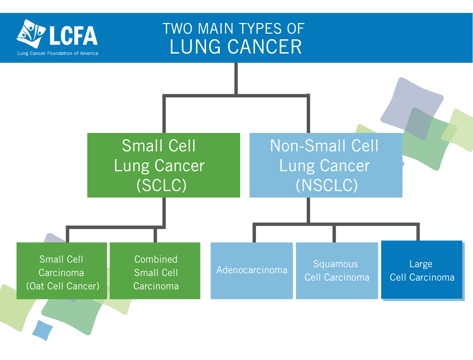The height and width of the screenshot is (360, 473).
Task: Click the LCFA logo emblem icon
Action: pos(31,34)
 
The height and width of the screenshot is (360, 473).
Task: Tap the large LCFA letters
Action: pos(73,36)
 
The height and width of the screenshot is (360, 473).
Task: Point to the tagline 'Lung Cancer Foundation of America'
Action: pos(58,54)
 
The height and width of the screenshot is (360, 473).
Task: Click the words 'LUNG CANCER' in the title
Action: pos(236,47)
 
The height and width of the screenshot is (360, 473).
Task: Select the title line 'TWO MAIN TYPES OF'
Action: pos(233,29)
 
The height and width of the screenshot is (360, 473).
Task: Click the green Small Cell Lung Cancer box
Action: pos(164,165)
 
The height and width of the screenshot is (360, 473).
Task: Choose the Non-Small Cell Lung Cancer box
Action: pos(326,165)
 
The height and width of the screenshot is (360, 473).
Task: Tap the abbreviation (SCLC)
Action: pos(161,185)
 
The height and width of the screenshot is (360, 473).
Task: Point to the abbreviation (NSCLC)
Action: pos(327,185)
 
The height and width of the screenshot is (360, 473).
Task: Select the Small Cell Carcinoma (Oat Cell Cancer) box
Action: pos(61,271)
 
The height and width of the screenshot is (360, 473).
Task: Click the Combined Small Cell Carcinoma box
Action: pos(155,271)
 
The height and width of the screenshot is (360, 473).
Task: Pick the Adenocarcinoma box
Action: pos(252,271)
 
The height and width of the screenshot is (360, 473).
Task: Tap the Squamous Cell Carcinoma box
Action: pos(337,271)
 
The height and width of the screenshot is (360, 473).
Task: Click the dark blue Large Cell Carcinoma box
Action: pos(422,270)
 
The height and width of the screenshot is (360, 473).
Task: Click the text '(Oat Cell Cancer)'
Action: pos(63,286)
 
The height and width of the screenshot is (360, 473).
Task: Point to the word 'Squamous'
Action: pos(335,264)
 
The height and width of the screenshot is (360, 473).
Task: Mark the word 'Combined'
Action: pos(156,259)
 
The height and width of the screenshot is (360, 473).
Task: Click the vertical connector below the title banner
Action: pos(236,79)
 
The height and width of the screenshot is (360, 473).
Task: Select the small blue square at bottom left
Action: pos(42,330)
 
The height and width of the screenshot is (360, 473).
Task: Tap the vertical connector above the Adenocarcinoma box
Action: pos(255,233)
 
